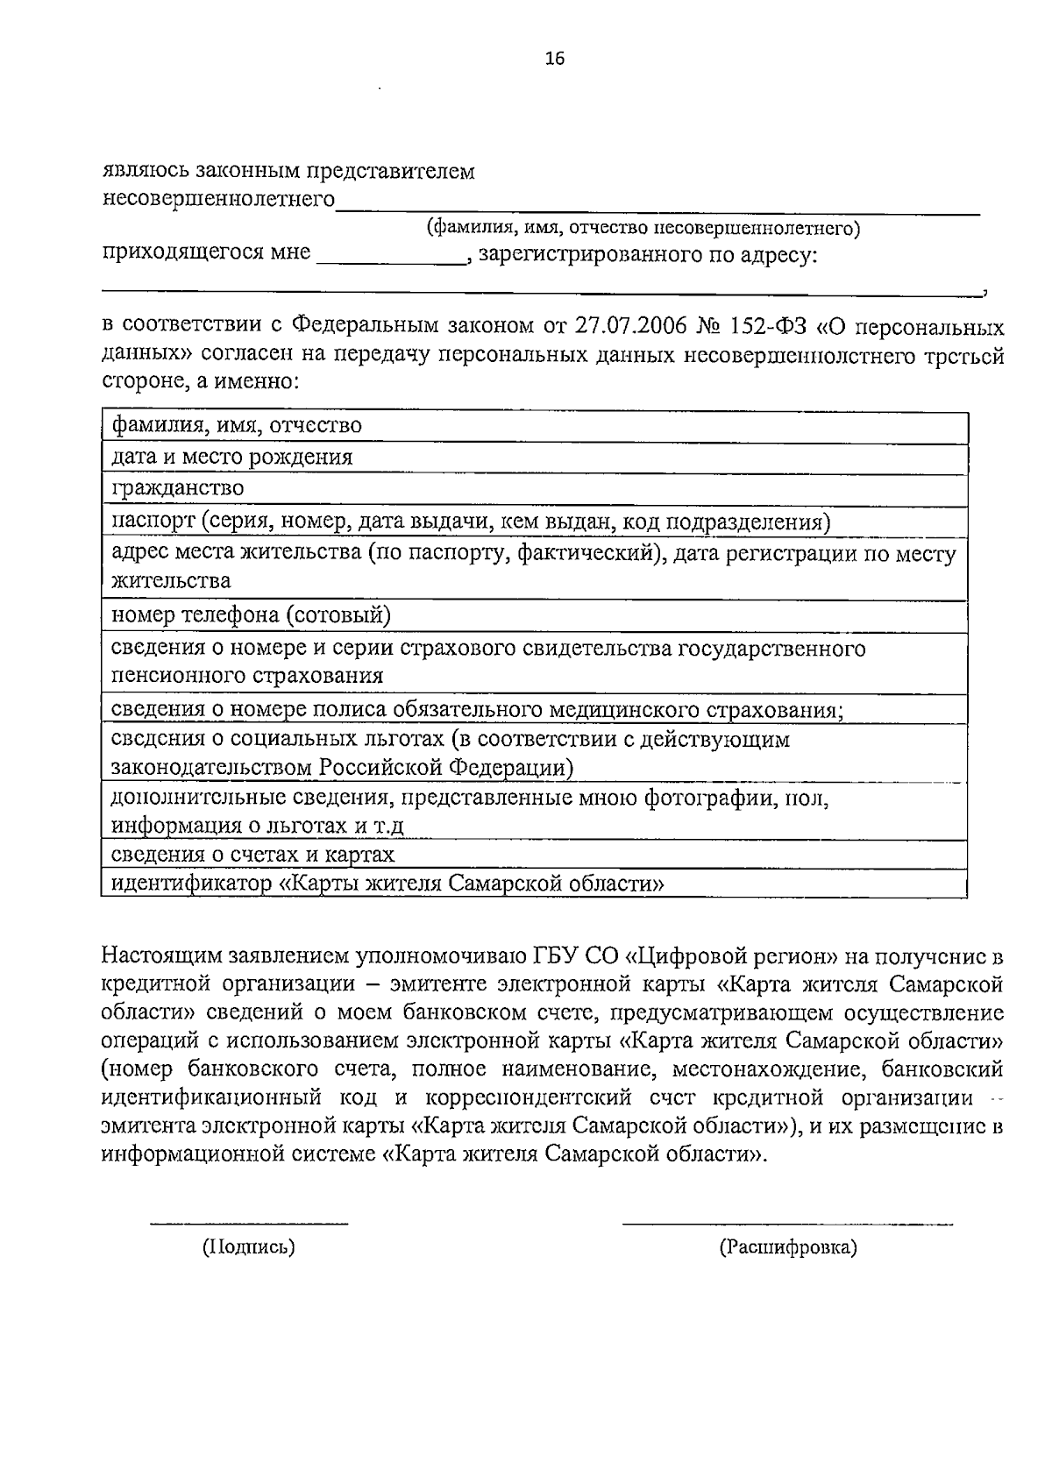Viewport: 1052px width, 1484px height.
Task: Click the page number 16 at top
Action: [554, 59]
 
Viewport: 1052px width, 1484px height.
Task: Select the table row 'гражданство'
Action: [178, 487]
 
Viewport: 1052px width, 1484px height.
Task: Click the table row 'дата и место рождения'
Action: [232, 457]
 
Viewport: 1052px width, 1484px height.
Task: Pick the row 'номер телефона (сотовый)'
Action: [251, 615]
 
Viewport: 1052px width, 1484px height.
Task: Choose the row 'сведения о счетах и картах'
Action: [252, 854]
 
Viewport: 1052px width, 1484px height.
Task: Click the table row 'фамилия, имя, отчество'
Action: [237, 426]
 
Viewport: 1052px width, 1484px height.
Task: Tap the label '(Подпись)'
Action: [249, 1246]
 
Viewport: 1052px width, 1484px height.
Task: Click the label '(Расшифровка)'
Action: [787, 1246]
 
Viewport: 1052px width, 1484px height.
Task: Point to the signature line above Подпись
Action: [249, 1222]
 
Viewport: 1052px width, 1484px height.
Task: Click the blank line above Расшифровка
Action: [787, 1222]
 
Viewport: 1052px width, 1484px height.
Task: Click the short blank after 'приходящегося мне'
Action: [390, 260]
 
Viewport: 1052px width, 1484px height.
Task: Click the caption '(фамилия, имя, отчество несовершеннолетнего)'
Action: [643, 229]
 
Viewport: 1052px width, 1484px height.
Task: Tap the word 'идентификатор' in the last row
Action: [187, 884]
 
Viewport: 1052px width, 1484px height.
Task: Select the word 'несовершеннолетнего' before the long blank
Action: [219, 200]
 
